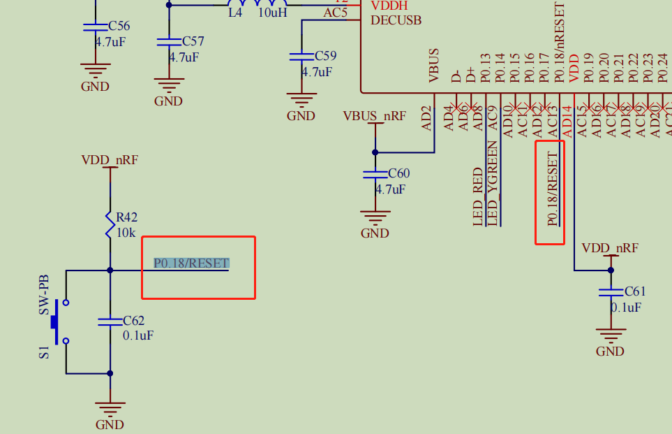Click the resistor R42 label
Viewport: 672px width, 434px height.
tap(126, 218)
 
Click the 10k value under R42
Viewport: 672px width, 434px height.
tap(126, 232)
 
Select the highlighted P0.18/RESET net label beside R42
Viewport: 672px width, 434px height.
tap(191, 263)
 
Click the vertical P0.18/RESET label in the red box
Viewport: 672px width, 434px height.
tap(553, 189)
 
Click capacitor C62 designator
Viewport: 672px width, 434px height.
tap(133, 321)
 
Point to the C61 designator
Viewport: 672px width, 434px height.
tap(635, 291)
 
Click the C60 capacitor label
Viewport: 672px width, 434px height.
tap(398, 173)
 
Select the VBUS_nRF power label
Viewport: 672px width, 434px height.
tap(374, 116)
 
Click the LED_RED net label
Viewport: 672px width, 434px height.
tap(478, 196)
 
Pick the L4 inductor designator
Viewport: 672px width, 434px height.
tap(235, 12)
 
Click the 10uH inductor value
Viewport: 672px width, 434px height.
tap(272, 12)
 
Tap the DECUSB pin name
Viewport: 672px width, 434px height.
tap(396, 20)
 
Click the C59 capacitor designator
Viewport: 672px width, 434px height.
tap(325, 55)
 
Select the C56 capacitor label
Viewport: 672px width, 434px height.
tap(119, 27)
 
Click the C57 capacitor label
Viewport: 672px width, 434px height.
tap(193, 42)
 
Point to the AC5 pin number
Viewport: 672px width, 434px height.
tap(336, 12)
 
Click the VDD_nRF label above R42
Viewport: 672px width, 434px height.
tap(110, 160)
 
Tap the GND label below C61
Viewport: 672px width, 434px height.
tap(610, 352)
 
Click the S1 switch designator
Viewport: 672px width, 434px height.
tap(44, 352)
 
